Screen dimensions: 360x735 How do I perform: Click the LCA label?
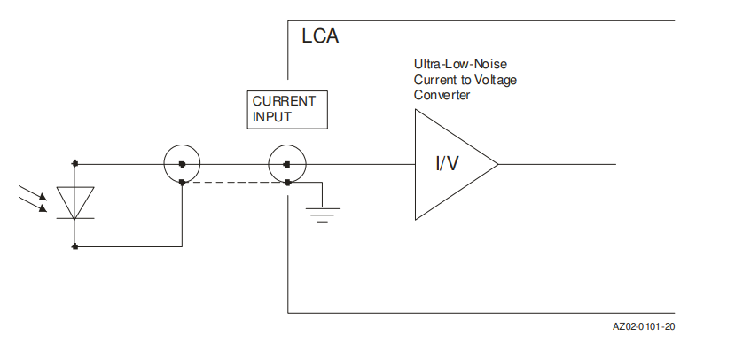(x=320, y=37)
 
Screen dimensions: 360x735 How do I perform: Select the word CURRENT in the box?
(x=278, y=101)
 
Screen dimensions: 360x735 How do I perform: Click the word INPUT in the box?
(x=271, y=116)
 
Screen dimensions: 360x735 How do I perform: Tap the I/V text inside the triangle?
(x=447, y=164)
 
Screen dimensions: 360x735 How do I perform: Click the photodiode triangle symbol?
(x=75, y=201)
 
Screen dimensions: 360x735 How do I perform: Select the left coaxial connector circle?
(x=182, y=164)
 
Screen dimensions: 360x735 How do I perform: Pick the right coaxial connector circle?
(x=288, y=164)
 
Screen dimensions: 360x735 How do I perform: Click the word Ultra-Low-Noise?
(x=460, y=64)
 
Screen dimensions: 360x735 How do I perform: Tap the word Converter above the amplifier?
(x=442, y=95)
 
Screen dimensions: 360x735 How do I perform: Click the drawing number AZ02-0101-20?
(x=645, y=326)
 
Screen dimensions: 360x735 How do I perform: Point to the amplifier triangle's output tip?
(x=497, y=164)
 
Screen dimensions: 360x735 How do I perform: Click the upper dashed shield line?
(x=235, y=145)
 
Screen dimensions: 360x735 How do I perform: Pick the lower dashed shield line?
(x=235, y=183)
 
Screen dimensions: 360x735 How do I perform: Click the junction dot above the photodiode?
(x=75, y=164)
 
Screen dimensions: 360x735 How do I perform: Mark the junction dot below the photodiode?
(x=75, y=246)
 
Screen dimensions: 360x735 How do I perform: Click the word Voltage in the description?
(x=495, y=80)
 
